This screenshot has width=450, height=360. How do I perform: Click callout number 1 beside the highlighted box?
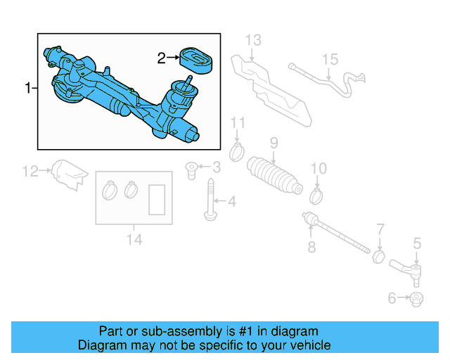[28, 89]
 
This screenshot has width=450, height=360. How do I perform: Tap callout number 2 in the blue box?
[161, 58]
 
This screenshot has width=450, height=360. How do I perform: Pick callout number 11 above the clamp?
[238, 125]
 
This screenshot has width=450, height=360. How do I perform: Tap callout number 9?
[274, 143]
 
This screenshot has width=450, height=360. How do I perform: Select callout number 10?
[319, 168]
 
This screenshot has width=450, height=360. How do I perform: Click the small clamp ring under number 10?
[315, 193]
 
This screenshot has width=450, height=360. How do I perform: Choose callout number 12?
[30, 170]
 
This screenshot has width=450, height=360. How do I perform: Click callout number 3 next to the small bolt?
[216, 167]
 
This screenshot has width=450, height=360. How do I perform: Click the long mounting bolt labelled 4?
[210, 200]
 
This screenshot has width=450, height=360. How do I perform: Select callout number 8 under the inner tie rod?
[311, 246]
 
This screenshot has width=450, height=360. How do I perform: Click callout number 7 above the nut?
[380, 229]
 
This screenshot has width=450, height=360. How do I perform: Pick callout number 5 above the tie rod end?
[416, 244]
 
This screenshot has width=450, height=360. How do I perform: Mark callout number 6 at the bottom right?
[392, 298]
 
